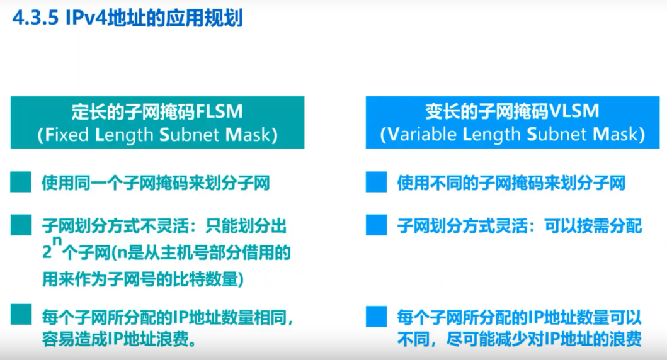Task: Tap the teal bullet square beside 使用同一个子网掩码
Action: coord(21,183)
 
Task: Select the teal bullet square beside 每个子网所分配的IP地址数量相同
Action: coord(21,315)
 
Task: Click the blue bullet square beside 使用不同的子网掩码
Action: coord(376,183)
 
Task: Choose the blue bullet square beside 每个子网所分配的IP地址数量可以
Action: coord(376,315)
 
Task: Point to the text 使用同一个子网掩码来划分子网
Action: coord(156,184)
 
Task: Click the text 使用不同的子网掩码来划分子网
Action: coord(511,184)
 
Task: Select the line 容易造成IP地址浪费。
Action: coord(117,340)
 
